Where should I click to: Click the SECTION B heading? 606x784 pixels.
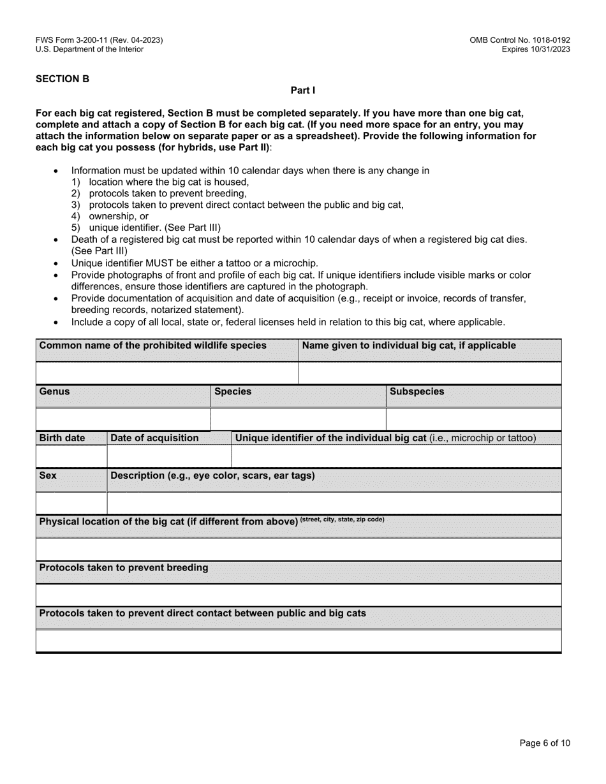63,79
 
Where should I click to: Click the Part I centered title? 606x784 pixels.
303,91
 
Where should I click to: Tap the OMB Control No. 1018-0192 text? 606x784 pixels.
519,40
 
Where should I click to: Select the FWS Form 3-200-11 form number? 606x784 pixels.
99,40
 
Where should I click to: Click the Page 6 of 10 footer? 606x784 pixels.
545,743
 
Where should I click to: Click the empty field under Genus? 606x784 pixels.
123,419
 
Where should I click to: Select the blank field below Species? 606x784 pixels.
298,419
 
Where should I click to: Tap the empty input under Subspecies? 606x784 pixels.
473,419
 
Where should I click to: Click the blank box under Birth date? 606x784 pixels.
71,456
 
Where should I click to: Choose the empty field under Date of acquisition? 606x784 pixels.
169,456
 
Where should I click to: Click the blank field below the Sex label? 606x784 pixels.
71,503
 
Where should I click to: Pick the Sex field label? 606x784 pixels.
48,475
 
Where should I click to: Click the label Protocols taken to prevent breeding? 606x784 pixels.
124,567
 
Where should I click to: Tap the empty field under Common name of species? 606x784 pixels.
167,373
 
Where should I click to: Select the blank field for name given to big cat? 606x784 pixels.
430,373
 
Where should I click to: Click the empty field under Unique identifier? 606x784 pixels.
396,456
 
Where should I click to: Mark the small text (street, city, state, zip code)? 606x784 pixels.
343,519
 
